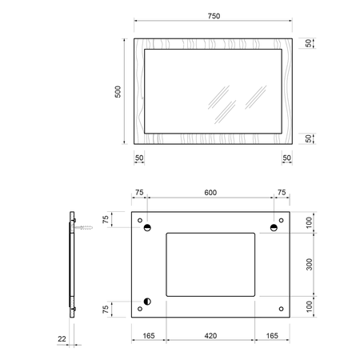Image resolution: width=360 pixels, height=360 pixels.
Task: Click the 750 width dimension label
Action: [214, 16]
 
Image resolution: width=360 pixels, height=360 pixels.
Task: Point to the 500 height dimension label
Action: [118, 92]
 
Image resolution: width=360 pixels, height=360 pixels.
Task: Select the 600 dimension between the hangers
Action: [210, 193]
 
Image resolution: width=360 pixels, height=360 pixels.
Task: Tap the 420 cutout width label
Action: [210, 336]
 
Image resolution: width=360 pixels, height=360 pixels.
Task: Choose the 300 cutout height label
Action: [309, 265]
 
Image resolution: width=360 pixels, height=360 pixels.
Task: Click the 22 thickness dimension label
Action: [62, 339]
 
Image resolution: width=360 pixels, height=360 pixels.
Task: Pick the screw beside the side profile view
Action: [83, 227]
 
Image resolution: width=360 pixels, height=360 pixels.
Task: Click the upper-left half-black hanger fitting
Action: [147, 227]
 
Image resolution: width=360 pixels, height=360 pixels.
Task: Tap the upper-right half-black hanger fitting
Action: [274, 227]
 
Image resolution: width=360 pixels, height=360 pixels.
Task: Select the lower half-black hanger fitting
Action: [147, 302]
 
